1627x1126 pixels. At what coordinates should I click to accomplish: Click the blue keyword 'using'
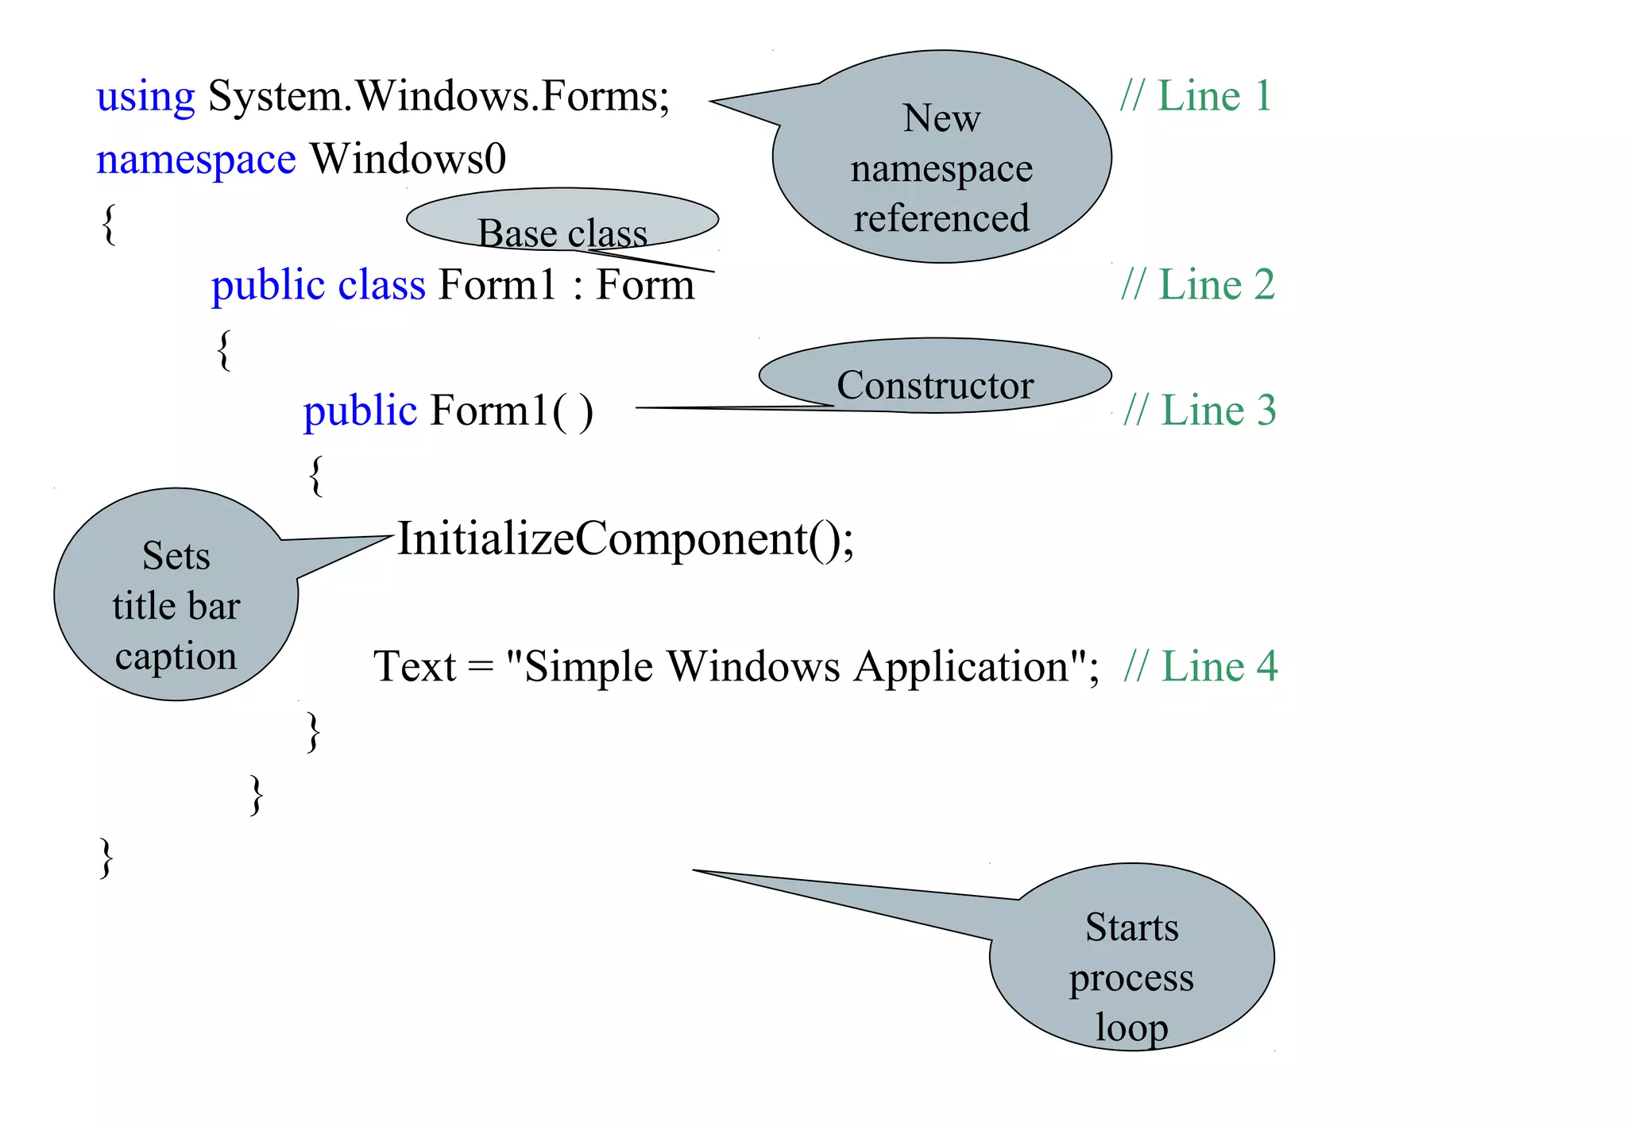[145, 98]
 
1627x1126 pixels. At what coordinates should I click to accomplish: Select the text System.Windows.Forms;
[439, 97]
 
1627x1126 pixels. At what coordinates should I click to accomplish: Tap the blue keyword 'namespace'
[195, 160]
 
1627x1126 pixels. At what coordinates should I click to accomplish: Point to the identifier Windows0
[408, 159]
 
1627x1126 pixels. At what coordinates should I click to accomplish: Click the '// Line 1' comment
[1196, 97]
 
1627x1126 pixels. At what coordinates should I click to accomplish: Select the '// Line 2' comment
[1197, 285]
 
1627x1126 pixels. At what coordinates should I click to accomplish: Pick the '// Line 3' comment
[1200, 411]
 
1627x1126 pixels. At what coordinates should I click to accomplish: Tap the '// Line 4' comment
[1200, 666]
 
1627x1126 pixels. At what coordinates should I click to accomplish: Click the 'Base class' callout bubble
[562, 221]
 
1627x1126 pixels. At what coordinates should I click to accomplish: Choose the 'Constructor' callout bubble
[934, 376]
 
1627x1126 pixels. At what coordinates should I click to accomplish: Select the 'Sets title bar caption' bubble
[176, 605]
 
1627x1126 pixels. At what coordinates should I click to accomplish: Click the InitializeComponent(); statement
[625, 539]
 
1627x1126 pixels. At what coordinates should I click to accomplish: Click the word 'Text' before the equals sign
[415, 666]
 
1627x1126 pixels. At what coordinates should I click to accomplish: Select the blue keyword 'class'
[381, 285]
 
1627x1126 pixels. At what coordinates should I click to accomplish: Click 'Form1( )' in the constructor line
[512, 411]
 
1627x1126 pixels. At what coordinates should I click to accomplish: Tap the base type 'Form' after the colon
[645, 285]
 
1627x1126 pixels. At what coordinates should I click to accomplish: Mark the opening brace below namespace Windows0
[110, 224]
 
